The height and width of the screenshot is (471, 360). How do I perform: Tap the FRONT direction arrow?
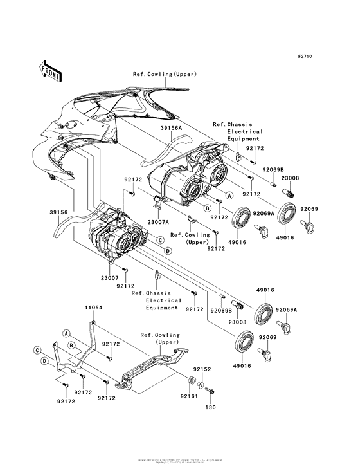coord(51,71)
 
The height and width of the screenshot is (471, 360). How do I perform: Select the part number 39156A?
coord(171,128)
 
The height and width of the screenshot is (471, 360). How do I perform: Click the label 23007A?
coord(158,221)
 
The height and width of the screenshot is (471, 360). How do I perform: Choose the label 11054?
coord(94,309)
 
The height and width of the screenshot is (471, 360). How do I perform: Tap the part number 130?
coord(210,407)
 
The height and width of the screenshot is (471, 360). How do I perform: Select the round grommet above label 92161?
coord(191,380)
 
